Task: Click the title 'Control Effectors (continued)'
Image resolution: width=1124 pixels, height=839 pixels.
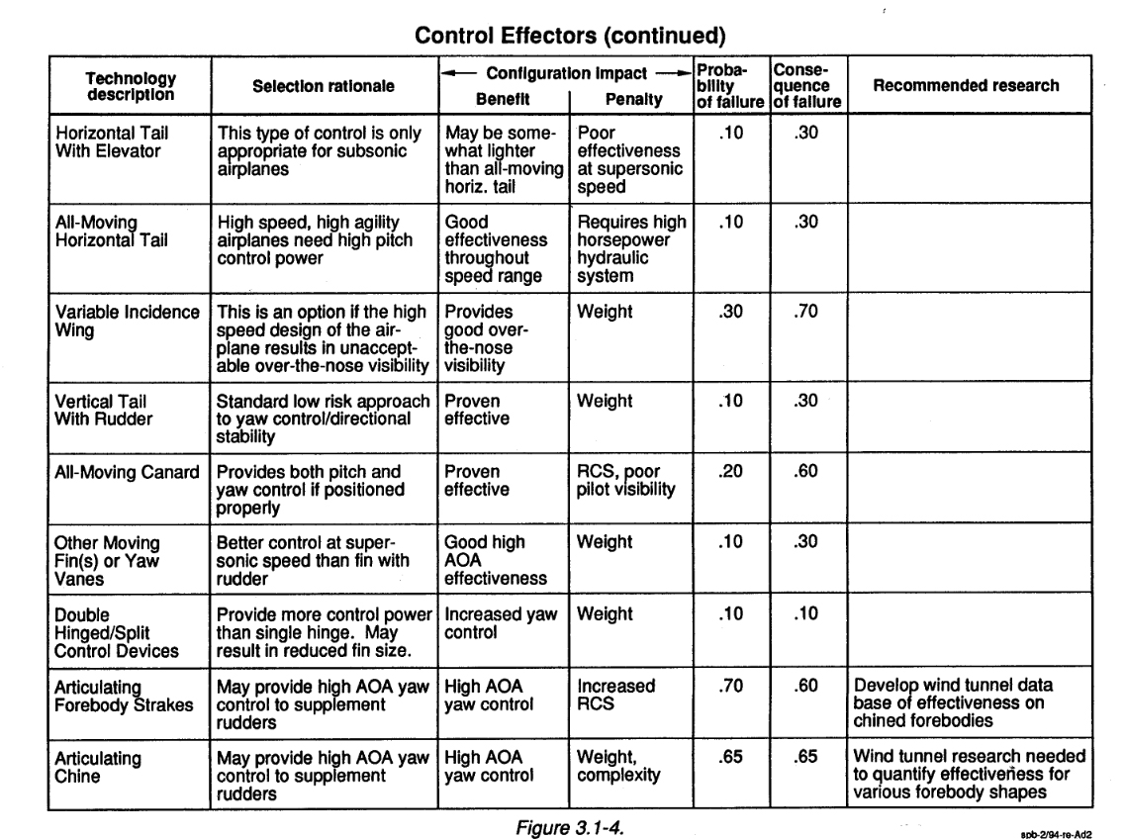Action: (571, 37)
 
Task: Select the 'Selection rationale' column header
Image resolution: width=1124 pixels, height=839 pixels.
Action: (324, 87)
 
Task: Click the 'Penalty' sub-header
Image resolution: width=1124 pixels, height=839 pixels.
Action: (629, 100)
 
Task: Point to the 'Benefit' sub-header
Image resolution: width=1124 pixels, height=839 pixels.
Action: (504, 100)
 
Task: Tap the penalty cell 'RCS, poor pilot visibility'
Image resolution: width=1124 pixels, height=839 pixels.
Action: (627, 482)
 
